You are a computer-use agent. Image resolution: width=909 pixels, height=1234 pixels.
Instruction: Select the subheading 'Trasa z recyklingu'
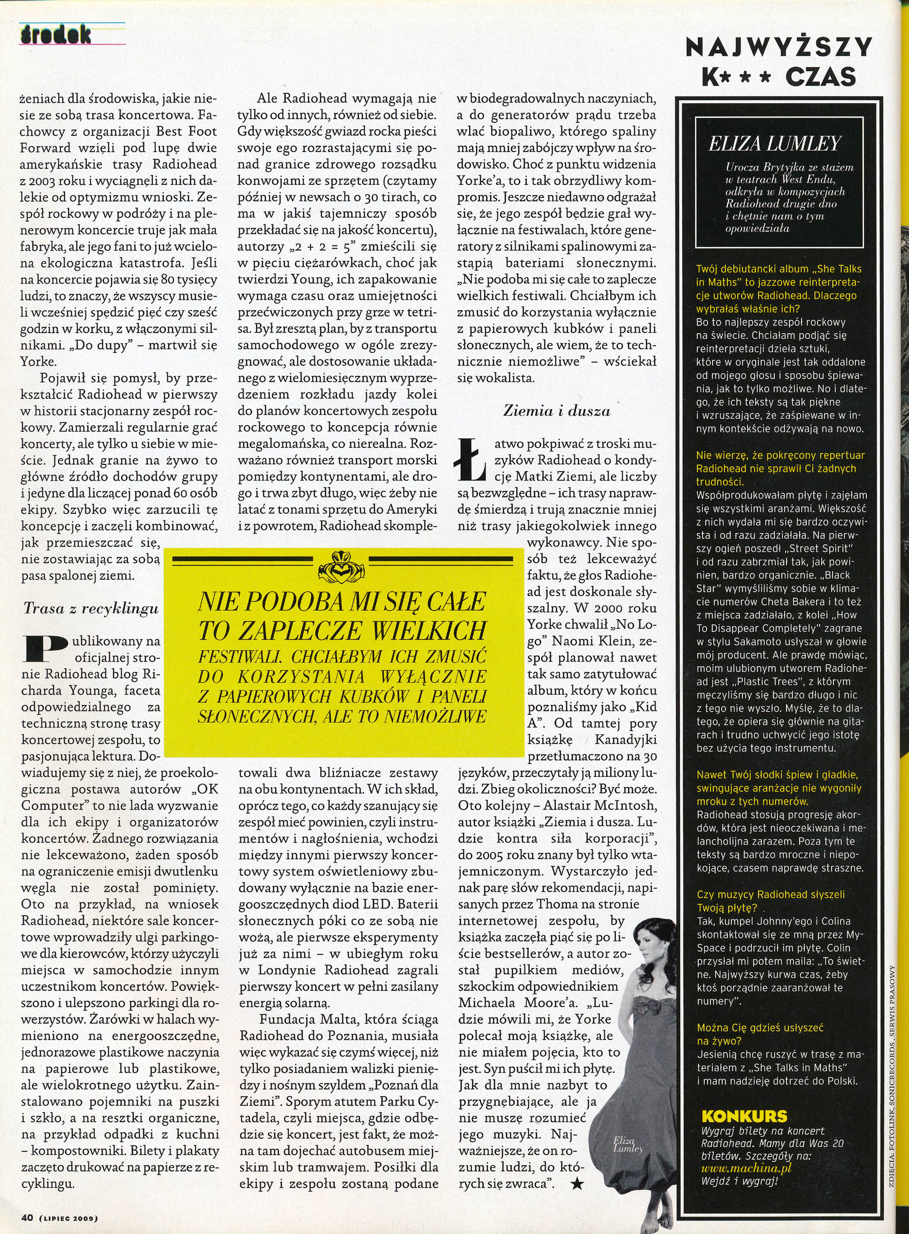(x=91, y=609)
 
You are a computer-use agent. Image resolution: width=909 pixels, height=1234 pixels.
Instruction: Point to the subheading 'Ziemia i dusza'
(x=557, y=411)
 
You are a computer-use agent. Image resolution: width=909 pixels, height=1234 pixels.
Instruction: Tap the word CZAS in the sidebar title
(x=822, y=77)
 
